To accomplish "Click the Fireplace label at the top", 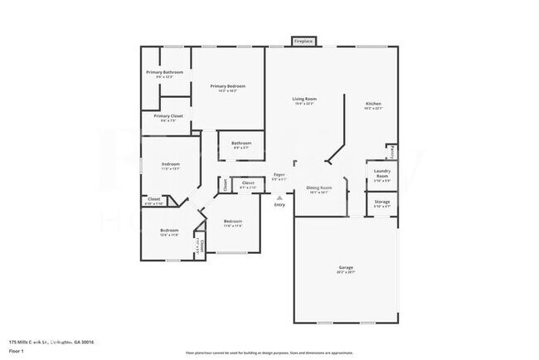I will pyautogui.click(x=303, y=41).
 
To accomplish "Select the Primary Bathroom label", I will pyautogui.click(x=165, y=73).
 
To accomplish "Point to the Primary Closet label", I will pyautogui.click(x=168, y=116).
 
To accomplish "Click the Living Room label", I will pyautogui.click(x=304, y=100).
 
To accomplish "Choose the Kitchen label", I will pyautogui.click(x=374, y=104).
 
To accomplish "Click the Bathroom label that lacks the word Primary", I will pyautogui.click(x=241, y=143).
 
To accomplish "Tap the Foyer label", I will pyautogui.click(x=280, y=175).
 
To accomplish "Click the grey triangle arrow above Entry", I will pyautogui.click(x=279, y=197).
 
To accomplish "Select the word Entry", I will pyautogui.click(x=279, y=205).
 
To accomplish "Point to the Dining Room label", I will pyautogui.click(x=319, y=188).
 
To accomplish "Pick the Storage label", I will pyautogui.click(x=381, y=202).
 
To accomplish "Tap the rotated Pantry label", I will pyautogui.click(x=392, y=152).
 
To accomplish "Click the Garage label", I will pyautogui.click(x=346, y=268).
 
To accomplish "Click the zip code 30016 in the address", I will pyautogui.click(x=86, y=342).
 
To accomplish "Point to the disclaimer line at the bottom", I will pyautogui.click(x=269, y=353).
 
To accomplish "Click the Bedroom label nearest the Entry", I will pyautogui.click(x=233, y=221).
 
